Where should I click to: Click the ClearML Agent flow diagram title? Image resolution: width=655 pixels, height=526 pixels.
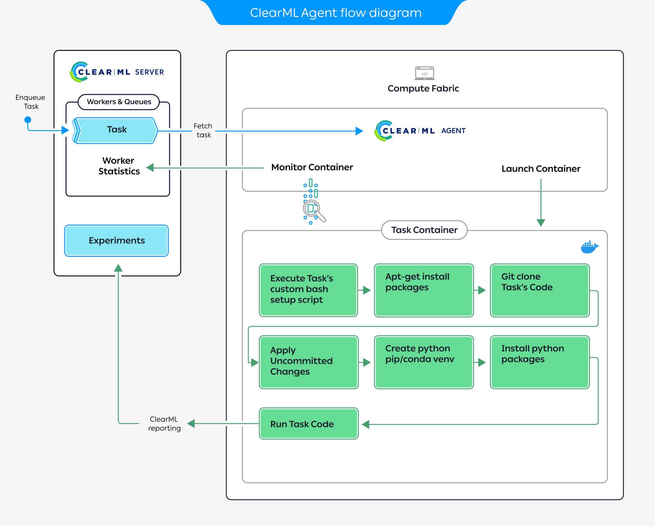pos(336,13)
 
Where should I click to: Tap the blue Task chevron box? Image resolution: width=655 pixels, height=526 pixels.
pos(117,130)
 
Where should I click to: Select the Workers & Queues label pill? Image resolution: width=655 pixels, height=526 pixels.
pos(119,102)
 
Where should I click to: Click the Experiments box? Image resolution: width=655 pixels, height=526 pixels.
pos(116,240)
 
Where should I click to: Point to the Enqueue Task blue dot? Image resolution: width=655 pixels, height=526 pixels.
pos(28,119)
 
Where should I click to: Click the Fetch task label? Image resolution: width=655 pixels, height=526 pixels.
pos(203,130)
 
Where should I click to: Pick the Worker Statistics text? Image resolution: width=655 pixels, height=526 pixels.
pos(119,166)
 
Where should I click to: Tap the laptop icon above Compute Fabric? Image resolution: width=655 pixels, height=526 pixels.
pos(424,73)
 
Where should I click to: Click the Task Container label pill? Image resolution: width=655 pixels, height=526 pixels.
pos(424,230)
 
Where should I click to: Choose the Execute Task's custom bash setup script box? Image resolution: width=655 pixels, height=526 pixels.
pos(308,290)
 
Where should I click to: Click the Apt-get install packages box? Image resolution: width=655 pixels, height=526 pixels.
pos(424,290)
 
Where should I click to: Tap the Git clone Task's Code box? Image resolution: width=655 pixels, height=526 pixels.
pos(540,290)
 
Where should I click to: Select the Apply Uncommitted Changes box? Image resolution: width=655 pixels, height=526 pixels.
pos(308,362)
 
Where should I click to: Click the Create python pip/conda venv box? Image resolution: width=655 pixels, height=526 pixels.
pos(424,362)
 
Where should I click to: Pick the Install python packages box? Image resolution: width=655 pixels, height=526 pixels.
pos(540,362)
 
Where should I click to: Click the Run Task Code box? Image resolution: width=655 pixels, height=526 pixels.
pos(308,423)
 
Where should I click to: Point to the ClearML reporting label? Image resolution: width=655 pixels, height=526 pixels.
pos(164,423)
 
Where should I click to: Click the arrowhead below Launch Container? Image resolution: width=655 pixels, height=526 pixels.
pos(541,223)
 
